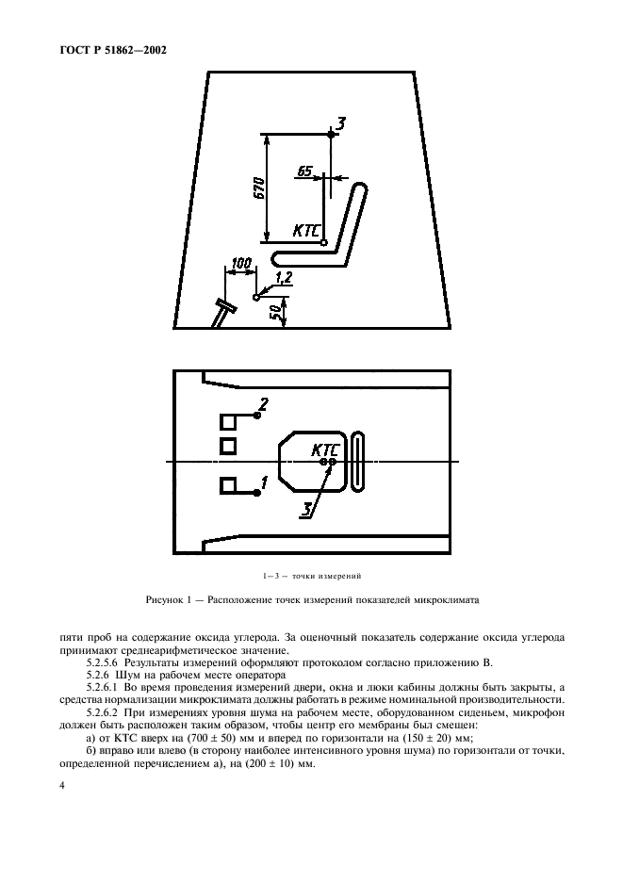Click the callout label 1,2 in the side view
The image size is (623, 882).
[284, 275]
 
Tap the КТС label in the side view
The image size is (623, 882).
[307, 230]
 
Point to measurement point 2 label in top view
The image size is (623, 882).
[264, 404]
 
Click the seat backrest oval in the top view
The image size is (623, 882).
[359, 461]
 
